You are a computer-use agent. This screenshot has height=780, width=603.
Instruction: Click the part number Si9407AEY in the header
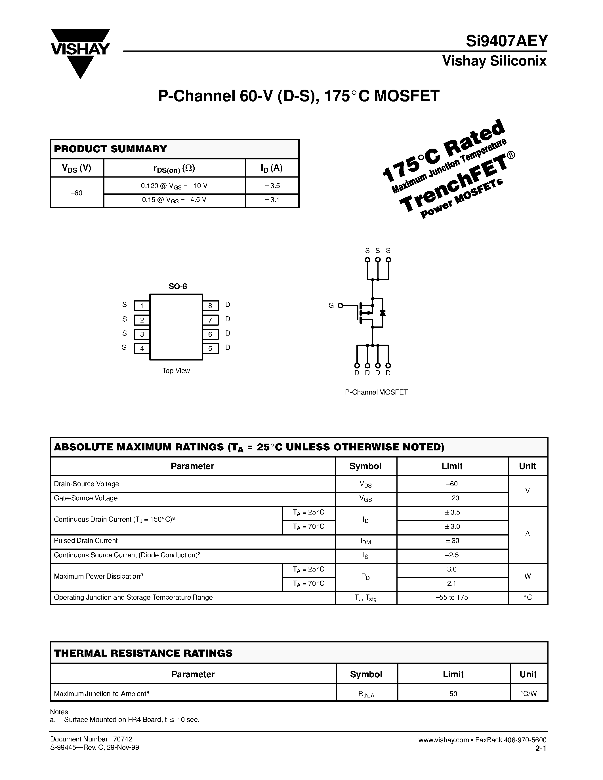point(506,41)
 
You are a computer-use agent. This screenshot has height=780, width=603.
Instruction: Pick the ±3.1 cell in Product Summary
point(272,200)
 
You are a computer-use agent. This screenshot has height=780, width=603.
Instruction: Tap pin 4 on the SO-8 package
point(142,349)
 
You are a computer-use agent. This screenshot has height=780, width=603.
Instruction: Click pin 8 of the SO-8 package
point(210,306)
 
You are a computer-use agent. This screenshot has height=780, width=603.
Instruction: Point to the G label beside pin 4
point(124,347)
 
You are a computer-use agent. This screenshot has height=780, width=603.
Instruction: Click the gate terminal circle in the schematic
point(341,305)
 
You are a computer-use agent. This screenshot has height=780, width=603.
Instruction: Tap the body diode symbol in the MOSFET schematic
point(383,313)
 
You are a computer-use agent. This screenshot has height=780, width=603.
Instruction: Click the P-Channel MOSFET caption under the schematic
point(376,392)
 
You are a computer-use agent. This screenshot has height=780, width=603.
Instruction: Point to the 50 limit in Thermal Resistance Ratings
point(453,693)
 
